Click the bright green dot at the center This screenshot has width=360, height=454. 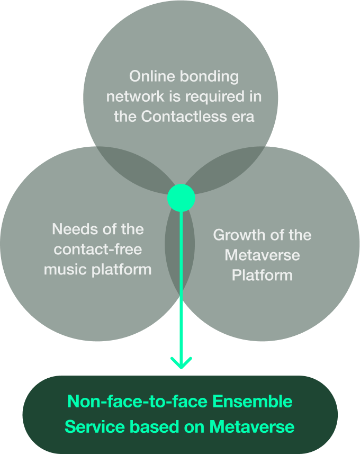(181, 198)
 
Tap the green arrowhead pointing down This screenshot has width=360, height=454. (181, 363)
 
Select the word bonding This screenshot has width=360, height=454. (210, 77)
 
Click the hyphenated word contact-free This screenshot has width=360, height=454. (98, 249)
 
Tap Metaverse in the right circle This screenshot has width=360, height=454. (262, 255)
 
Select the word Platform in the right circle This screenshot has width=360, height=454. (262, 275)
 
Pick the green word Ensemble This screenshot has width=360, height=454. (252, 402)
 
